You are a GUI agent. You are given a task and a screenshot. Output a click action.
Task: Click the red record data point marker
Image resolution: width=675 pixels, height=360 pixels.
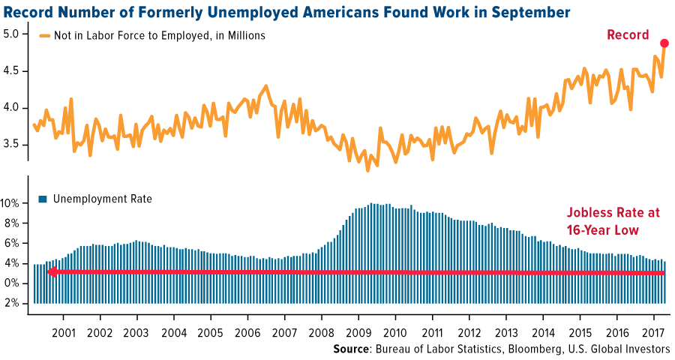point(664,43)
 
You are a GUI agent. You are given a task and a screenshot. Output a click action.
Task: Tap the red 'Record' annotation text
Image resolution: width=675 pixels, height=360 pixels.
point(627,35)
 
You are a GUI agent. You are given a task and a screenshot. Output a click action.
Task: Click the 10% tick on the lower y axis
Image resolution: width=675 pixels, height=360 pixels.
point(13,203)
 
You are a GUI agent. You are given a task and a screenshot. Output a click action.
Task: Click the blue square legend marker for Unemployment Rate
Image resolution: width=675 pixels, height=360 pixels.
point(43,199)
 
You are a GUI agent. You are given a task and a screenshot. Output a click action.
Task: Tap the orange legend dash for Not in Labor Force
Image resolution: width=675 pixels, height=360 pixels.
point(45,35)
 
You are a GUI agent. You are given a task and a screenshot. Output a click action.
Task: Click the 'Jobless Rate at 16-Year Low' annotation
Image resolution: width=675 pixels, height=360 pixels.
point(612,220)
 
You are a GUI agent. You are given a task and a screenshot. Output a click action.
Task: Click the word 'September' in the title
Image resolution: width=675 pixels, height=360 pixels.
point(524,12)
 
